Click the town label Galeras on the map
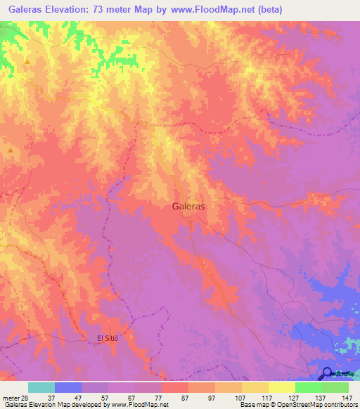click(188, 207)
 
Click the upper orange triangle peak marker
click(27, 62)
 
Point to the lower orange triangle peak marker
click(11, 150)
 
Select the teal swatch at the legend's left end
click(41, 387)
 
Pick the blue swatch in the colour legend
click(68, 387)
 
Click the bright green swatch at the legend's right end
click(335, 387)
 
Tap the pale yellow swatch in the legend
click(282, 387)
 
